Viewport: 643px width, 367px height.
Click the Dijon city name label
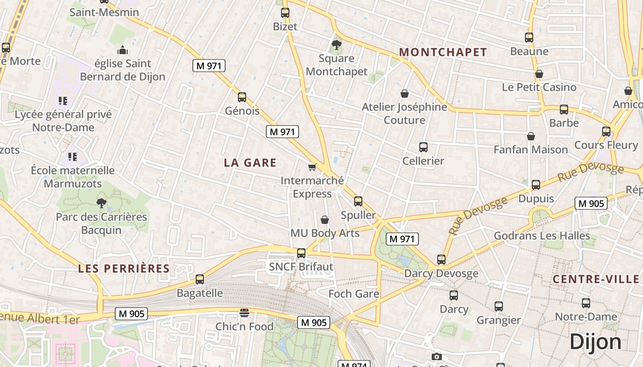click(595, 342)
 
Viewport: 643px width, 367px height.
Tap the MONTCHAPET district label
click(443, 52)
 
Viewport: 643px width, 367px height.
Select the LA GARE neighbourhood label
click(250, 162)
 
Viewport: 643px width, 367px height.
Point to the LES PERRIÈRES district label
click(124, 268)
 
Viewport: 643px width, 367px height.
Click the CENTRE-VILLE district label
click(596, 279)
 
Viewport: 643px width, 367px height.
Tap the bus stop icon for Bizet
click(285, 13)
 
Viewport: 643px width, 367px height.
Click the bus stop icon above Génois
click(242, 97)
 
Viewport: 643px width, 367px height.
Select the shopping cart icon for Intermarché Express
click(312, 167)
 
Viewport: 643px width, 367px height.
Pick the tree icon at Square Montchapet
click(336, 45)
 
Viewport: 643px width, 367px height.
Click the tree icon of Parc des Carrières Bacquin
click(101, 203)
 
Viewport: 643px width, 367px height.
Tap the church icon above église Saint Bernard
click(123, 50)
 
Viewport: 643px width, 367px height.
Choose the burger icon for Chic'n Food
click(244, 313)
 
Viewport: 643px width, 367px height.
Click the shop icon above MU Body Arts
click(325, 220)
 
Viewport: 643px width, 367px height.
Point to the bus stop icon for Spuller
click(358, 201)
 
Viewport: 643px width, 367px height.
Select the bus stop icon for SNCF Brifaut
click(301, 253)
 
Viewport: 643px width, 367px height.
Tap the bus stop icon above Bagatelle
click(200, 279)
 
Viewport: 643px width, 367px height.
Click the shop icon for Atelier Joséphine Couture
click(405, 94)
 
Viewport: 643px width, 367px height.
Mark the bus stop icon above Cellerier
click(423, 147)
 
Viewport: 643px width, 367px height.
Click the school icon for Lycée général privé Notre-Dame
click(63, 101)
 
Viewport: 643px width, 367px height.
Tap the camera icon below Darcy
click(437, 356)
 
